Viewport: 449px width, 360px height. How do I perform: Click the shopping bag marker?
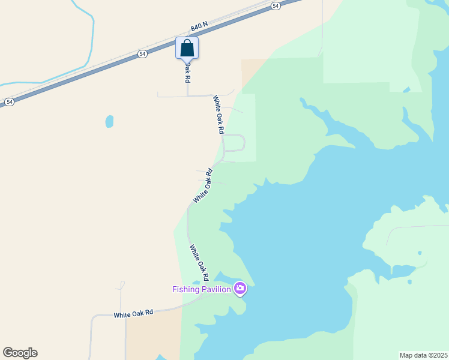(187, 48)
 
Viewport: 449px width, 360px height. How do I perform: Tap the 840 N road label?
(199, 27)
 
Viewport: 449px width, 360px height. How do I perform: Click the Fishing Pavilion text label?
(202, 289)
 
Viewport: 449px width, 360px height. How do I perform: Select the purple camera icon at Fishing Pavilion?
(240, 289)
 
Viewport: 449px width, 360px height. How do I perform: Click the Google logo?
(20, 353)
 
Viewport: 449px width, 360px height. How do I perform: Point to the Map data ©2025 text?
(423, 355)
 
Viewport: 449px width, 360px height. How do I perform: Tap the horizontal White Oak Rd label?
(134, 313)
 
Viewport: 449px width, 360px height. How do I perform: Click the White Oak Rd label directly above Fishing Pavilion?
(199, 263)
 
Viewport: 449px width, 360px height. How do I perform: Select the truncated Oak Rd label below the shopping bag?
(187, 71)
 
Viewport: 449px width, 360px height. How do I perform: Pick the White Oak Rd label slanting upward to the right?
(203, 185)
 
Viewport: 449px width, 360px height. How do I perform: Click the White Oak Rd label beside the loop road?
(218, 114)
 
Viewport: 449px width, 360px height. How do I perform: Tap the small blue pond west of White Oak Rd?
(109, 121)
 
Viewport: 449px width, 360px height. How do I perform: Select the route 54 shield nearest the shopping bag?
(142, 53)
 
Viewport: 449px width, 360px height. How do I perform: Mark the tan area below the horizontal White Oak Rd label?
(153, 339)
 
